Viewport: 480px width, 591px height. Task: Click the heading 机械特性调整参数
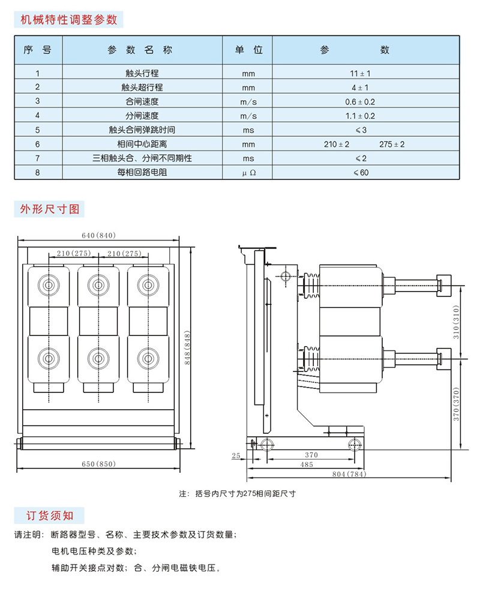(x=68, y=19)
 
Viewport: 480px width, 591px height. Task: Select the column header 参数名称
(x=140, y=50)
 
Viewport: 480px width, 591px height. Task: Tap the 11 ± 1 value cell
(x=361, y=74)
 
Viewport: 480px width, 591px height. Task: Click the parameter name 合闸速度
(x=142, y=102)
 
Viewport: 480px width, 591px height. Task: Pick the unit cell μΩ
(x=248, y=173)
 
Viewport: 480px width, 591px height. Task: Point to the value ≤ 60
(x=361, y=173)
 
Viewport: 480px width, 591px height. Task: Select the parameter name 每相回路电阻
(x=142, y=173)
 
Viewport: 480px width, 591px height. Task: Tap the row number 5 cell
(x=38, y=130)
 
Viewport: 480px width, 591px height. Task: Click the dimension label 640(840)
(x=98, y=235)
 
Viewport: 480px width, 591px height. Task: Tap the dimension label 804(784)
(x=349, y=475)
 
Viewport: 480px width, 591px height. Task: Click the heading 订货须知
(x=49, y=515)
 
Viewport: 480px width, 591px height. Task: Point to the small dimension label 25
(x=235, y=456)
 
